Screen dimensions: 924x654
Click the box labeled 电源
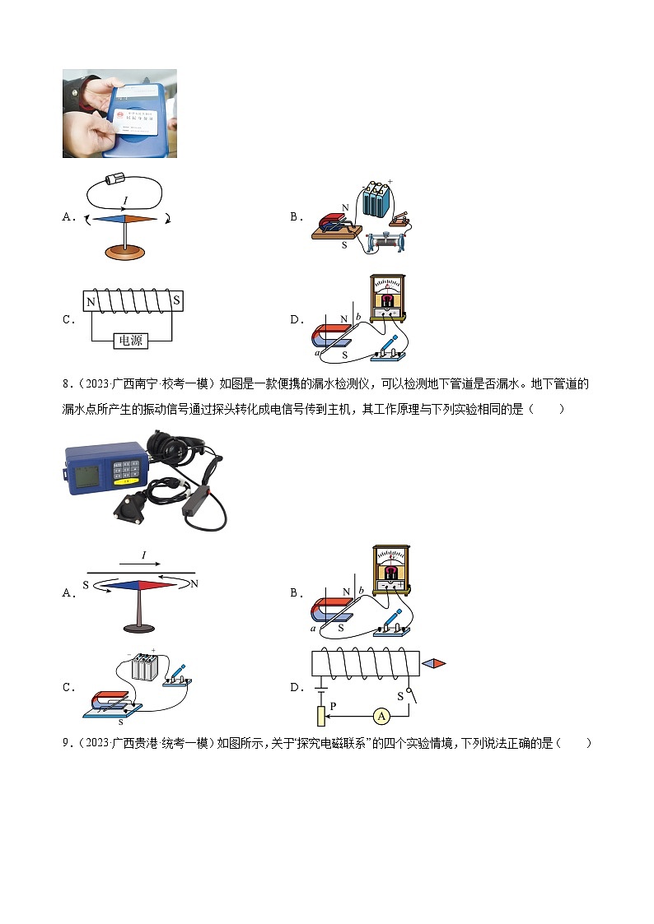coord(131,340)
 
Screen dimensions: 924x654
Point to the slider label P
coord(334,705)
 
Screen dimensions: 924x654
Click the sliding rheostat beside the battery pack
coord(386,244)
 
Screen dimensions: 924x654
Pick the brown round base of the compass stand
coord(125,253)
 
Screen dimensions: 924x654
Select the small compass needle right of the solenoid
coord(434,663)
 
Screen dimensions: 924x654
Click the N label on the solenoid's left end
coord(91,302)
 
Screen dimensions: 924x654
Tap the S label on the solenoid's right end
coord(175,302)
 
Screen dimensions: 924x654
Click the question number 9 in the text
coord(65,744)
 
